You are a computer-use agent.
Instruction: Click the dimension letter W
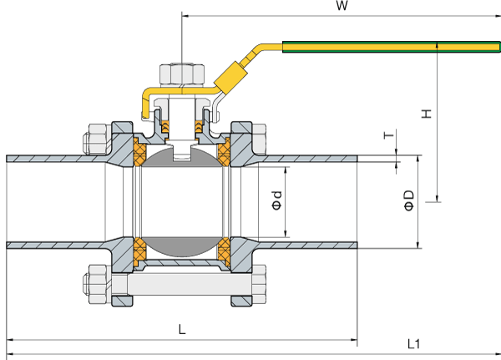341,7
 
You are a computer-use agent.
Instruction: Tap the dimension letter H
426,114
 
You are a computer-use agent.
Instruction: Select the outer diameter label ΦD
409,200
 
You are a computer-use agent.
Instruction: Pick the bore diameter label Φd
277,200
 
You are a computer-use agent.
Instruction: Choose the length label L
182,329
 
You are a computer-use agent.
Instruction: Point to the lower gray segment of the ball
182,248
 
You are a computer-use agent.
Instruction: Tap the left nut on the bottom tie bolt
95,287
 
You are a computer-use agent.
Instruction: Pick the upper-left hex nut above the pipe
94,139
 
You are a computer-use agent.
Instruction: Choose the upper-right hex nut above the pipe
258,139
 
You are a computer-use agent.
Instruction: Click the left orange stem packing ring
164,127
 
